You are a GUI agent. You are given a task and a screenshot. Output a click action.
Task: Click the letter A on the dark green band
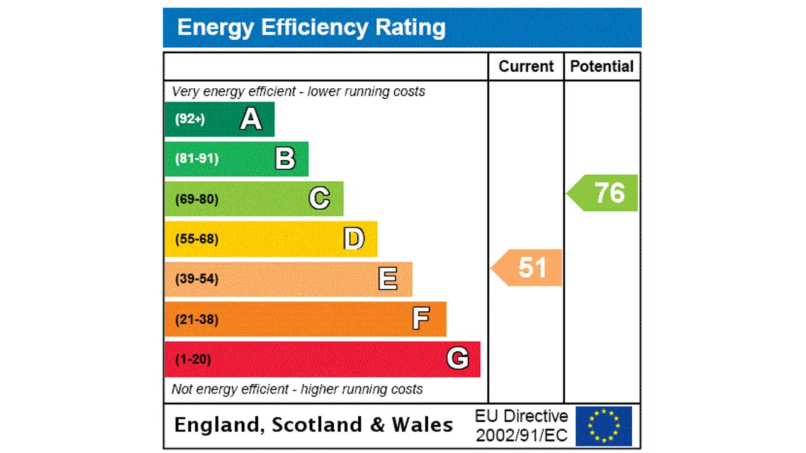pos(251,119)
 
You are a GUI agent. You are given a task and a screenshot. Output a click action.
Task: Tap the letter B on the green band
pos(285,159)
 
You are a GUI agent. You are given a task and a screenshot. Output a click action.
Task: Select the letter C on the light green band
pos(319,199)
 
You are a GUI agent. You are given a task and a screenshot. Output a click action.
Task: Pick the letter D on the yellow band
pos(354,239)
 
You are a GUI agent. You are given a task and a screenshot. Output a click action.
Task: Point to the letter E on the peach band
pos(388,279)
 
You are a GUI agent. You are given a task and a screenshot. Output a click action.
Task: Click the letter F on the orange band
pos(421,319)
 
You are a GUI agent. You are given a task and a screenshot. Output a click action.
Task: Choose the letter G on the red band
pos(458,359)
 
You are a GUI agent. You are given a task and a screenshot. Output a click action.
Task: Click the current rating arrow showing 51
pos(528,268)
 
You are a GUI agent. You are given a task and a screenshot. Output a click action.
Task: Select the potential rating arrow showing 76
pos(604,193)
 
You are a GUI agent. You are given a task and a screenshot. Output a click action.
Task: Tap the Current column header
pos(526,67)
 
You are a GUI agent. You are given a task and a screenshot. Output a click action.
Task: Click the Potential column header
pos(602,67)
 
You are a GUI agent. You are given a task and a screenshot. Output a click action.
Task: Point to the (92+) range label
pos(190,119)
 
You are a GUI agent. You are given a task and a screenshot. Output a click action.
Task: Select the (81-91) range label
pos(196,159)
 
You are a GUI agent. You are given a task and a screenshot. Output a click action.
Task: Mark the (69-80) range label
pos(196,199)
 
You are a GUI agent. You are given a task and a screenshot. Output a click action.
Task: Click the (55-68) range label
pos(196,239)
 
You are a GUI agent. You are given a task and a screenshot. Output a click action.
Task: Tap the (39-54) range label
pos(196,279)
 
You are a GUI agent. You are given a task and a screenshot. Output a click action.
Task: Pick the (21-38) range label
pos(196,320)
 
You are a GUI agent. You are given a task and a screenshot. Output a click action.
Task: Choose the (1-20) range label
pos(193,359)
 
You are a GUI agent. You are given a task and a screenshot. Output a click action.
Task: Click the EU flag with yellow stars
pos(603,426)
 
